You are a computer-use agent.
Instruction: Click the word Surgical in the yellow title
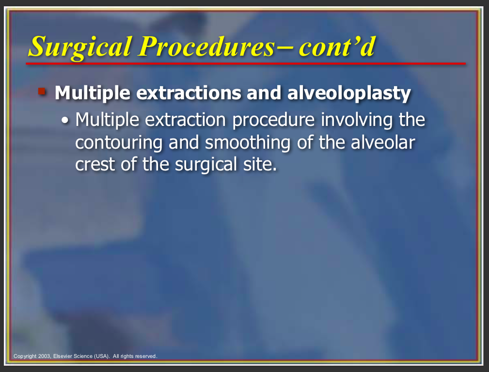coord(80,47)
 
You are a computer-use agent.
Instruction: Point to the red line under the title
coord(246,63)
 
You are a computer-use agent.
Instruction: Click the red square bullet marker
coord(42,92)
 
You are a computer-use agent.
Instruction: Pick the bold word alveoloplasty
coord(349,93)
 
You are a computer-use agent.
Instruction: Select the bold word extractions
coord(189,93)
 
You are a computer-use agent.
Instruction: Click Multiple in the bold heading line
coord(93,93)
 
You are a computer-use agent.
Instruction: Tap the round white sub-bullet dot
coord(65,120)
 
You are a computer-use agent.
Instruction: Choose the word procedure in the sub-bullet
coord(273,121)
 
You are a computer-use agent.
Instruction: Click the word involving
coord(357,121)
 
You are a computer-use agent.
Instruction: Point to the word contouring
coord(119,143)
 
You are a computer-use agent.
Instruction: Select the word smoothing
coord(248,143)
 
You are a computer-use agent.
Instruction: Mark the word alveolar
coord(383,142)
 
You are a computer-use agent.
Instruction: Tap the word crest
coord(95,165)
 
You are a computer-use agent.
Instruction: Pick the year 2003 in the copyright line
coord(44,356)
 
